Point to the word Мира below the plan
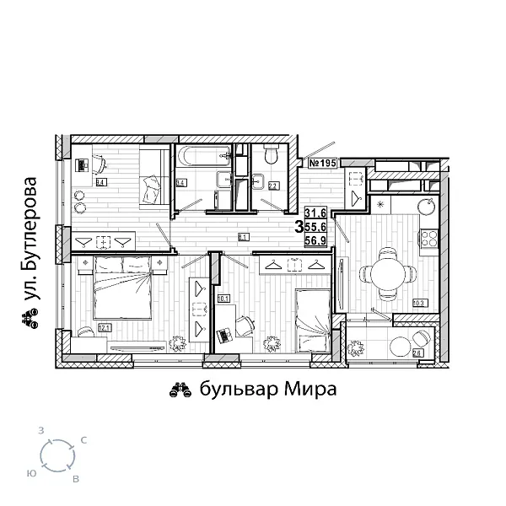[310, 390]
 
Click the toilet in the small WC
[271, 155]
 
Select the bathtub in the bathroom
[202, 154]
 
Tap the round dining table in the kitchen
[387, 272]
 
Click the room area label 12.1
[105, 327]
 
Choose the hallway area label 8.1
[243, 237]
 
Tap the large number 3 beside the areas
[299, 227]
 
